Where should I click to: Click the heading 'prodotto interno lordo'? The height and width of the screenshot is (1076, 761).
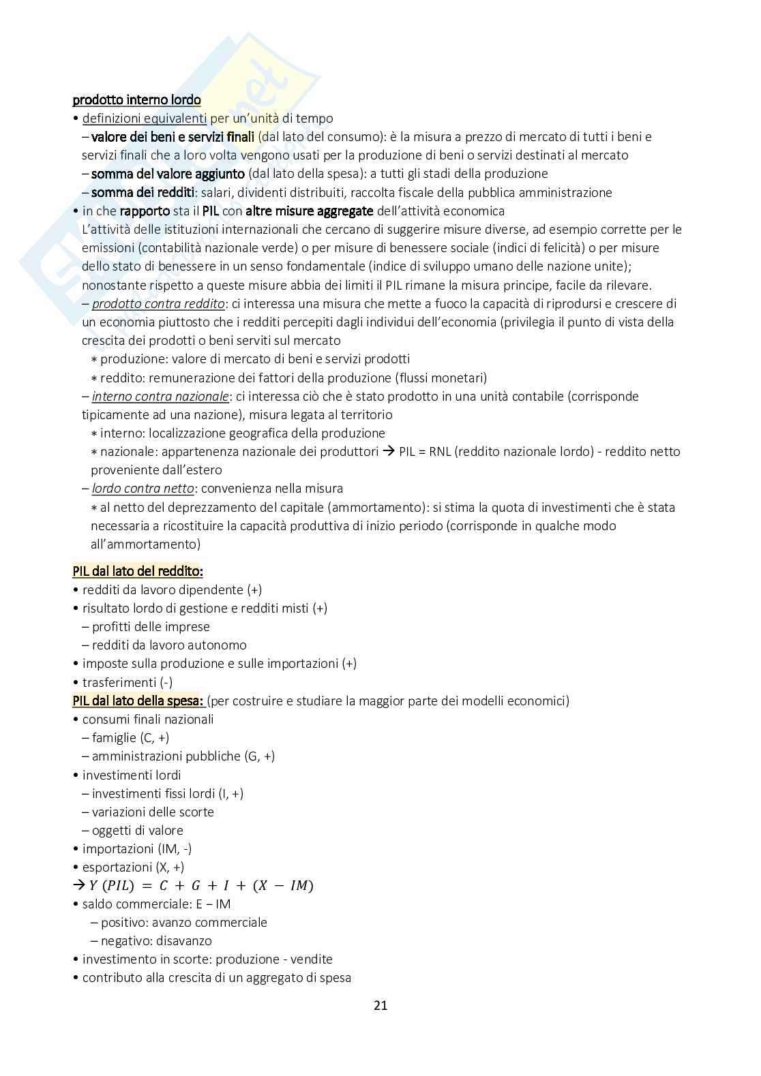point(136,100)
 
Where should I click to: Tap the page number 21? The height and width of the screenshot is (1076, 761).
point(380,1005)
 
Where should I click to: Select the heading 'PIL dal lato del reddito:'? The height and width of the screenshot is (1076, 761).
point(138,571)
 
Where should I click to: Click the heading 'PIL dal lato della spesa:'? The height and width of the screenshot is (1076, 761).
point(138,701)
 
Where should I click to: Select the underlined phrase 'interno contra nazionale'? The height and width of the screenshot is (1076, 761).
point(160,396)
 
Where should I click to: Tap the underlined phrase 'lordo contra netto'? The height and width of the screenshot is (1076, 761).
point(143,488)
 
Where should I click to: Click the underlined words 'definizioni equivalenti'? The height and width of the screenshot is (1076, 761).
point(145,119)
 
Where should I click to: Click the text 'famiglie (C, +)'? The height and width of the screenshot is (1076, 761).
point(130,737)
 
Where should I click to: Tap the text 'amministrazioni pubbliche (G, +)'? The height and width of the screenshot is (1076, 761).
point(183,756)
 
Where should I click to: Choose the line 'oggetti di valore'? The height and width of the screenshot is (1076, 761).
point(137,830)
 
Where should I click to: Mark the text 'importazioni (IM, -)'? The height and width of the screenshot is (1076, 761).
point(137,848)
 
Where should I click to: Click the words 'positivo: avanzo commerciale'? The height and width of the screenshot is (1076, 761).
point(183,922)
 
